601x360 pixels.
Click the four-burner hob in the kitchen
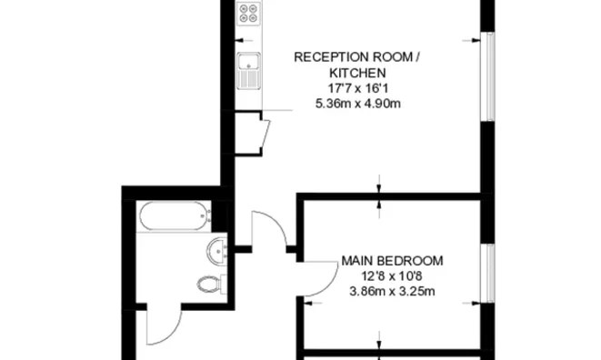248,15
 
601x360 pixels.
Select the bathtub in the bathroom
173,217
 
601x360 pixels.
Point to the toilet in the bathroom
208,283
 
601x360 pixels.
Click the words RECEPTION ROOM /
357,57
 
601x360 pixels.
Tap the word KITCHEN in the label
357,73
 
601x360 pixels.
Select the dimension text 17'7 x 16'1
357,88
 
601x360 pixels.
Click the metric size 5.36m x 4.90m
357,104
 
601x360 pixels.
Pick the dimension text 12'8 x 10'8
392,276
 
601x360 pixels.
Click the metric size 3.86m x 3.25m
392,292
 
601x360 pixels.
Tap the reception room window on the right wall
488,77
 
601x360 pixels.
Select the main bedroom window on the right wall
488,273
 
